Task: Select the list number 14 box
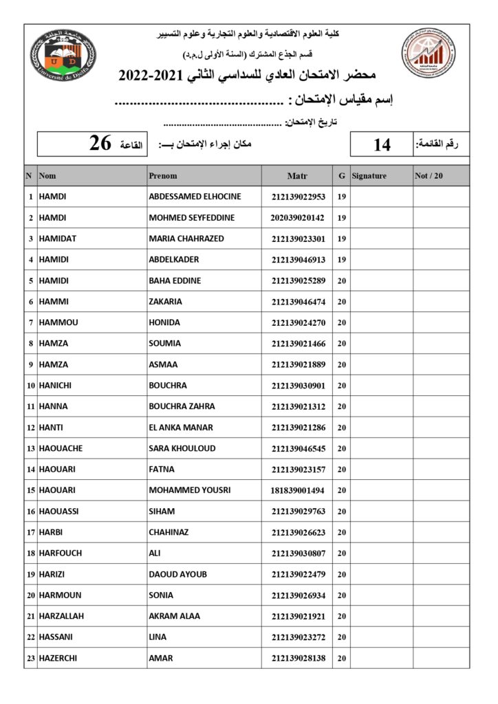click(x=382, y=144)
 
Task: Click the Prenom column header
click(x=163, y=176)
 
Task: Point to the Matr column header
click(x=297, y=176)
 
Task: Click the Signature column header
click(x=369, y=176)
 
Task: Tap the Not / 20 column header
click(x=429, y=176)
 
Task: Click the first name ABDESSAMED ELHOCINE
click(x=195, y=197)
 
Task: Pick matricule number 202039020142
click(x=297, y=218)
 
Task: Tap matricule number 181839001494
click(x=297, y=491)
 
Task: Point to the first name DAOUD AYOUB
click(x=177, y=575)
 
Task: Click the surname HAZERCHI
click(x=58, y=659)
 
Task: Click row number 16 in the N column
click(x=31, y=511)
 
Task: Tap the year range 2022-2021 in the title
click(x=149, y=75)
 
